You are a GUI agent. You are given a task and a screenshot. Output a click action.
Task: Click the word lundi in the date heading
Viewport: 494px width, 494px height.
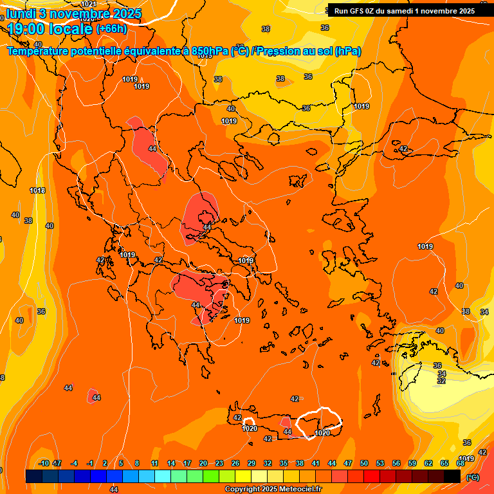click(24, 14)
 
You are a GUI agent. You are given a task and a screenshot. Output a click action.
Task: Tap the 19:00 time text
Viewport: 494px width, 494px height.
click(26, 29)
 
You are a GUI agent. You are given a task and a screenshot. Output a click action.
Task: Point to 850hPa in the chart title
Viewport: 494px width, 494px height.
click(210, 51)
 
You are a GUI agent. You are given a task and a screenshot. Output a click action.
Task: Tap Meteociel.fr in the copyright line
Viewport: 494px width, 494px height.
click(296, 489)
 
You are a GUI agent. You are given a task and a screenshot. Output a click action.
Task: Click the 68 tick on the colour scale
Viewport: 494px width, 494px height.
click(461, 463)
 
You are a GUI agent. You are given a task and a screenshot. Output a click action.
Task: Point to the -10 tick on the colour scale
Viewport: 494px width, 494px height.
click(44, 463)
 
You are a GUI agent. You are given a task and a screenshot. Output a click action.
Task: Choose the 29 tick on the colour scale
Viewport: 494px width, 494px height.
click(252, 463)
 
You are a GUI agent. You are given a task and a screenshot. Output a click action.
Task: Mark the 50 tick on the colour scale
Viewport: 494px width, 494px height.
click(364, 463)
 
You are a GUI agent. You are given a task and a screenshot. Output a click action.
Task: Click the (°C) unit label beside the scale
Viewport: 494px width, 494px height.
click(472, 477)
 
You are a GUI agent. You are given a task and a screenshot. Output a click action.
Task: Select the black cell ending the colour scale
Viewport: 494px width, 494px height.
click(452, 476)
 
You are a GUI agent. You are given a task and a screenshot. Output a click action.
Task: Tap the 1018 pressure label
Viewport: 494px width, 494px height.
click(37, 190)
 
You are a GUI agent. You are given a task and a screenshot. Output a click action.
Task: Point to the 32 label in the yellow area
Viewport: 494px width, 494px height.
click(441, 381)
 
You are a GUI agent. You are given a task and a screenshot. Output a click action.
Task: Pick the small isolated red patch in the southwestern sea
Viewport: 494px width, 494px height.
click(93, 395)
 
